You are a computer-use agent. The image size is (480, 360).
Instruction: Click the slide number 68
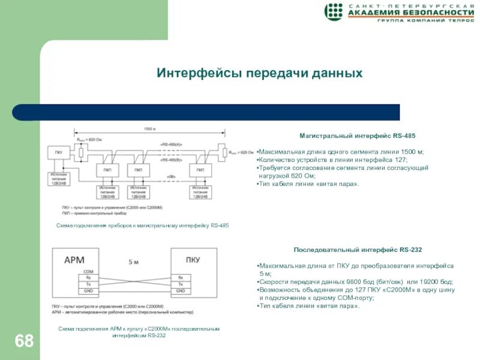coord(24,341)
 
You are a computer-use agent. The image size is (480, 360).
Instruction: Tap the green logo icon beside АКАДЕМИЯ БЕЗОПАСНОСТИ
coord(334,11)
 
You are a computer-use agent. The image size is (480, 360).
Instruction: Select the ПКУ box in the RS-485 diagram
coord(58,153)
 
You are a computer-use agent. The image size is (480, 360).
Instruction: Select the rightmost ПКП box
coord(199,171)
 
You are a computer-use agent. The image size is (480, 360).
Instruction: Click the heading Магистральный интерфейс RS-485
coord(357,136)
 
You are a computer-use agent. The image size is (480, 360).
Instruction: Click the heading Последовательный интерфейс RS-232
coord(358,249)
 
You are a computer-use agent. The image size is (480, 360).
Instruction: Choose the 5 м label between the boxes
coord(133,262)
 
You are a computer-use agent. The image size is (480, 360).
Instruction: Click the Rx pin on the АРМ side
coord(88,277)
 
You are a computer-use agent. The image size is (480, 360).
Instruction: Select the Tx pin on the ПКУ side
coord(179,284)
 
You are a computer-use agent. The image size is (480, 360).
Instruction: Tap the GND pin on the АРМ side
coord(88,291)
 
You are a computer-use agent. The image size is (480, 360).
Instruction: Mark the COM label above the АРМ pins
coord(88,271)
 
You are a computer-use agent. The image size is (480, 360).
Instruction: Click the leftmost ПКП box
coord(107,171)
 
